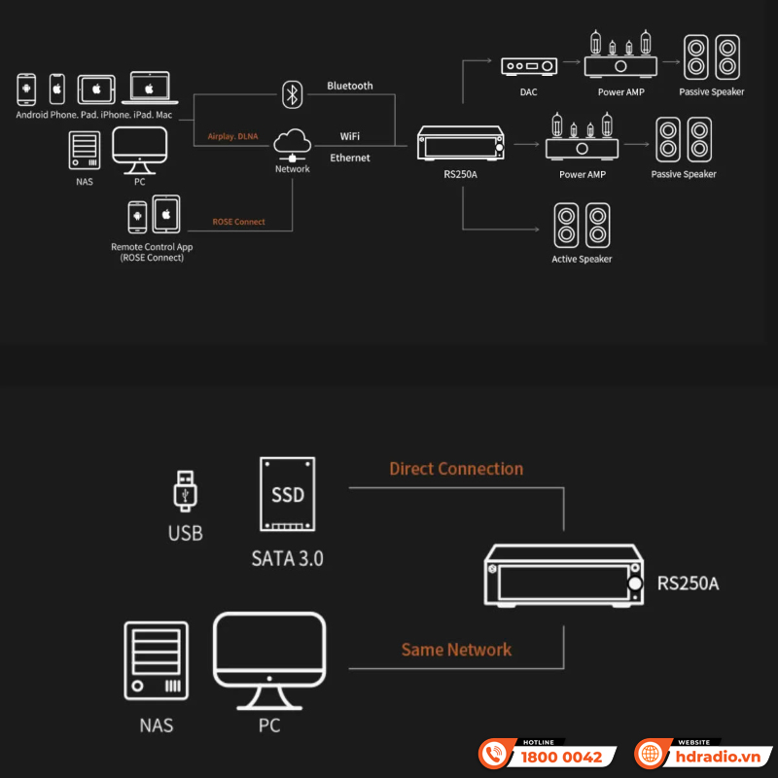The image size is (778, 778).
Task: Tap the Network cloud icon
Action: [292, 144]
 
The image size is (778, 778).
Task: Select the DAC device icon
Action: [529, 66]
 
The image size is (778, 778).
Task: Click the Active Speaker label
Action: [582, 260]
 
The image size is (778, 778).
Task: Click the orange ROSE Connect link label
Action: [238, 222]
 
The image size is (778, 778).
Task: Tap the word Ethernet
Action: [350, 158]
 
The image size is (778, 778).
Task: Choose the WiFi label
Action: [350, 136]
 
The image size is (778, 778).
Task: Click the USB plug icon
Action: [185, 490]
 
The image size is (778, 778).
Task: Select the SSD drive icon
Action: [288, 496]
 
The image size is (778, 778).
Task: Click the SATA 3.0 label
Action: [287, 559]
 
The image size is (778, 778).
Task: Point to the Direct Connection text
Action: [456, 469]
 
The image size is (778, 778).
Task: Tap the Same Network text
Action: [456, 649]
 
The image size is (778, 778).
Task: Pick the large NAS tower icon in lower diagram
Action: [155, 661]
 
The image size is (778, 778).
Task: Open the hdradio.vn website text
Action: [717, 757]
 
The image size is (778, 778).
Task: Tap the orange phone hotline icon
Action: [495, 755]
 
